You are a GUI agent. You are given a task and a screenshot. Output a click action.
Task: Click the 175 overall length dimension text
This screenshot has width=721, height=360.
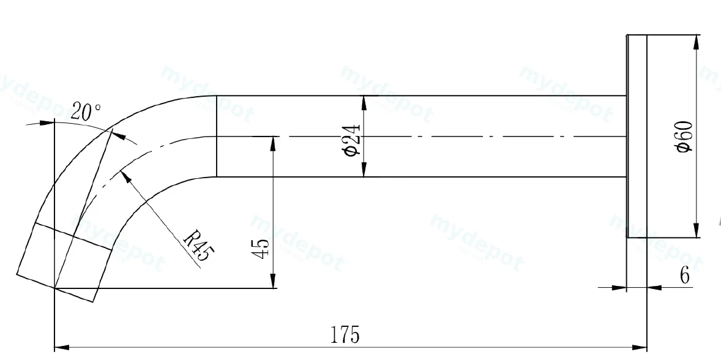345,335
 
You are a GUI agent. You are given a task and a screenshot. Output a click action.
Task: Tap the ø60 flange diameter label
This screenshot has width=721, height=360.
685,137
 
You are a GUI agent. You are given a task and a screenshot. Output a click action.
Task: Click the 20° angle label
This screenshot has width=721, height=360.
86,111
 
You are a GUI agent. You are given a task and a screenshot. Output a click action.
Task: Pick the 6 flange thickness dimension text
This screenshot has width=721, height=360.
685,276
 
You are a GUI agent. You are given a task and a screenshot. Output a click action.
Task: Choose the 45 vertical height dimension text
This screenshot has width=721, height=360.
261,249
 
